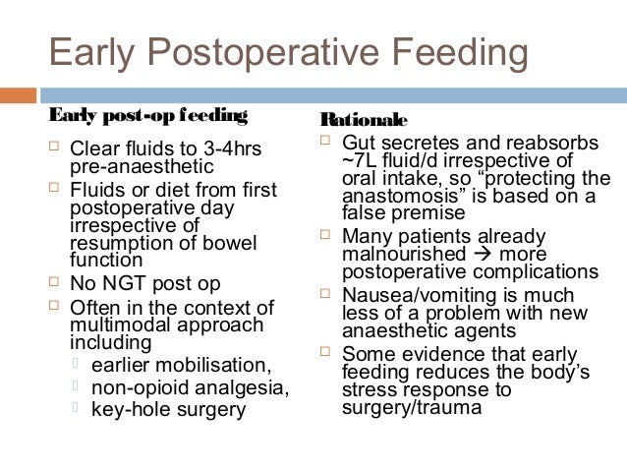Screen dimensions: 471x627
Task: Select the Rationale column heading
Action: pyautogui.click(x=364, y=120)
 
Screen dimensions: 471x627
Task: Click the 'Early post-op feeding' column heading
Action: pyautogui.click(x=147, y=116)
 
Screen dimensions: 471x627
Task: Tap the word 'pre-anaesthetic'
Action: pyautogui.click(x=134, y=167)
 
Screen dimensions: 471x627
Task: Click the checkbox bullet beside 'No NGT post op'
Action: pyautogui.click(x=54, y=283)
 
